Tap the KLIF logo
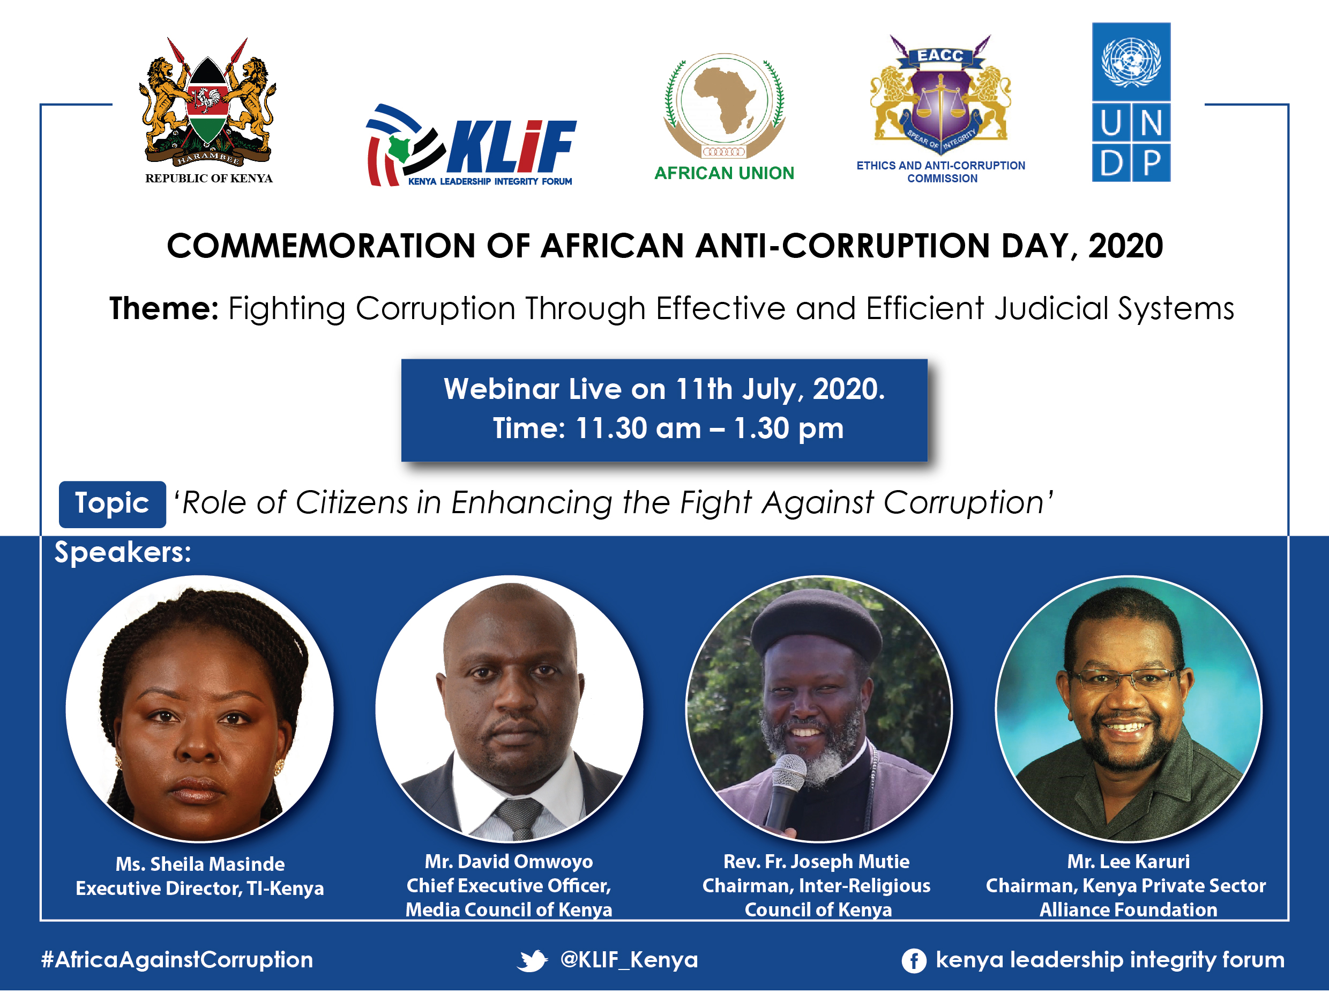pos(471,145)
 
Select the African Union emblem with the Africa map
pos(724,106)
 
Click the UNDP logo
pos(1131,102)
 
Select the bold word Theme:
pos(164,309)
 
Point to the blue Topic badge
pos(112,504)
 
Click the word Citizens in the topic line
pos(352,502)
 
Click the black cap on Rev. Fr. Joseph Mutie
pos(816,625)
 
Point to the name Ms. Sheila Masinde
pos(200,863)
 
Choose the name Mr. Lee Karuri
pos(1128,861)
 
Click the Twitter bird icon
pos(532,960)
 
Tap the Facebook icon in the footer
pos(914,961)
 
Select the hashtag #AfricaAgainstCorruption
pos(177,960)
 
